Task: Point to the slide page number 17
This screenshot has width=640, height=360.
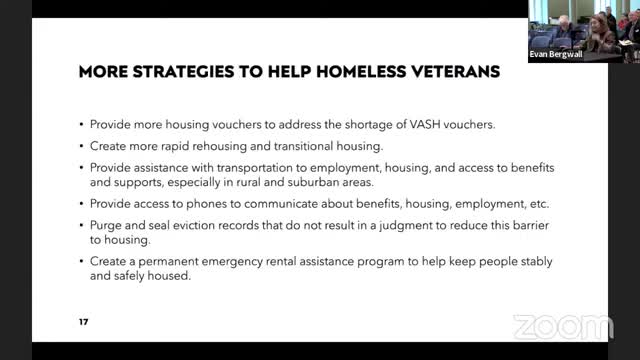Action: pos(83,323)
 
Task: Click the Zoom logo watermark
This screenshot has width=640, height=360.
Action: pos(562,327)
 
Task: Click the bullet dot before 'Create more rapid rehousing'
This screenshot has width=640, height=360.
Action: pos(80,146)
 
